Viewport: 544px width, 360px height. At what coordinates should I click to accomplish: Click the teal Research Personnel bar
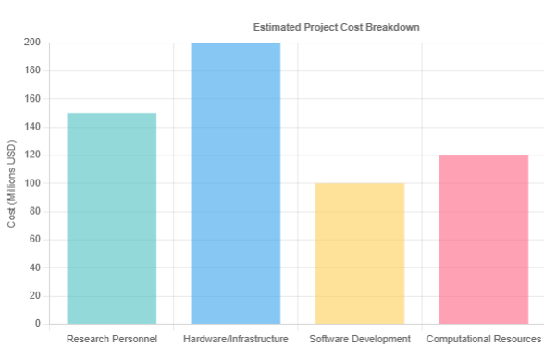pos(112,218)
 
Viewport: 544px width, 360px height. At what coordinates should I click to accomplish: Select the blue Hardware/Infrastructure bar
pos(236,183)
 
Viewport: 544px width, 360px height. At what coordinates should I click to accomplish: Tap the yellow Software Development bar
pos(360,254)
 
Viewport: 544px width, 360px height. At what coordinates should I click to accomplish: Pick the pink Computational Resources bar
pos(483,240)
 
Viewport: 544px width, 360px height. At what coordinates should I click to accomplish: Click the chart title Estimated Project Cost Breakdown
pos(337,27)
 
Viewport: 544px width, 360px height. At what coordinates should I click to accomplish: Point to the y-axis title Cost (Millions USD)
pos(12,183)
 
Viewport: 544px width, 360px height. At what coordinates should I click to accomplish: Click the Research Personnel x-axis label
pos(112,340)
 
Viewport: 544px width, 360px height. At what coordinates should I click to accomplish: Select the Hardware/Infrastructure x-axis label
pos(236,340)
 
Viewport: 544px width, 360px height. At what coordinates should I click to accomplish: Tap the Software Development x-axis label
pos(360,340)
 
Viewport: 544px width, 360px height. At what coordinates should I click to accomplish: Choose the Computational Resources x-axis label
pos(483,340)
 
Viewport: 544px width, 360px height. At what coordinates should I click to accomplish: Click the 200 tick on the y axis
pos(32,43)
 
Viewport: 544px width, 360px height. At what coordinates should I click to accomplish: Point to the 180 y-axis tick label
pos(32,70)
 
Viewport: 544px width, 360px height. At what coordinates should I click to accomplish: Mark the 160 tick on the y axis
pos(32,99)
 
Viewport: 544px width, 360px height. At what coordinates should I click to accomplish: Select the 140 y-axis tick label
pos(32,127)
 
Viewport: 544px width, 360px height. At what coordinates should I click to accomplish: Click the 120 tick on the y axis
pos(32,155)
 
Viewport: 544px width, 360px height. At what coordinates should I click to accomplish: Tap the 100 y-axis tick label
pos(32,183)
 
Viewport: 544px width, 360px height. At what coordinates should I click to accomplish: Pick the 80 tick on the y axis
pos(35,212)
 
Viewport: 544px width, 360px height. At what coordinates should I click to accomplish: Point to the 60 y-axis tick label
pos(35,240)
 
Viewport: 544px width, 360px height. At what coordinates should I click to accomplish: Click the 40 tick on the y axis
pos(35,268)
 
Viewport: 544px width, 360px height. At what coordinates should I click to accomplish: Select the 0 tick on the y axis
pos(38,324)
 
